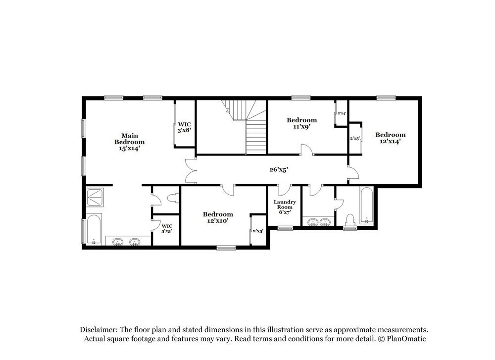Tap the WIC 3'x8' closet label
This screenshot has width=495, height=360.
click(185, 127)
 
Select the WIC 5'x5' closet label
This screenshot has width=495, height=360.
click(167, 228)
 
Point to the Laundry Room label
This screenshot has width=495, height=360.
click(285, 207)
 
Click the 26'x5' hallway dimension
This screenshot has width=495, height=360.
click(279, 170)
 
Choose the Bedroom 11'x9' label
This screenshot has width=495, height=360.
click(302, 123)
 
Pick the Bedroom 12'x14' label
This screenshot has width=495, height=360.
click(390, 138)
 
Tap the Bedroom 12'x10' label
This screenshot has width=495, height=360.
click(218, 217)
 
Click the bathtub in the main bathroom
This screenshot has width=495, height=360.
click(94, 229)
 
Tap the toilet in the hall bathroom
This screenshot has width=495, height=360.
click(350, 220)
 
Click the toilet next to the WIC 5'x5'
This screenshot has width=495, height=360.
click(173, 200)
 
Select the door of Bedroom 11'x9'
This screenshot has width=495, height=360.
click(307, 150)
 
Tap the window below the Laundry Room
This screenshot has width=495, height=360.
click(285, 228)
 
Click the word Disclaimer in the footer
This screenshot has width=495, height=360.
click(99, 330)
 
